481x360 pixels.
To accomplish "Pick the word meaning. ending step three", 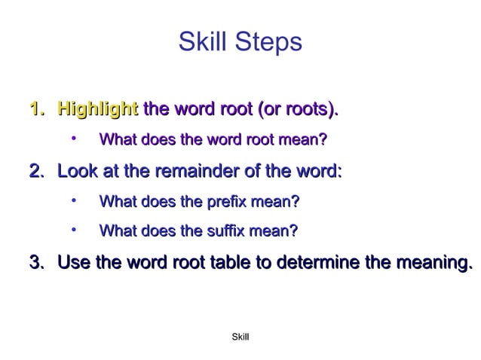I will click(431, 263).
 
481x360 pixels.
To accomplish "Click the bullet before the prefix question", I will click(74, 200).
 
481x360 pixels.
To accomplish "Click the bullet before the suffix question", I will click(74, 229).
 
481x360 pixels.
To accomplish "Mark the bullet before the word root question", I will click(74, 139).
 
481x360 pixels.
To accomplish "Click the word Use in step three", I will click(74, 263).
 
